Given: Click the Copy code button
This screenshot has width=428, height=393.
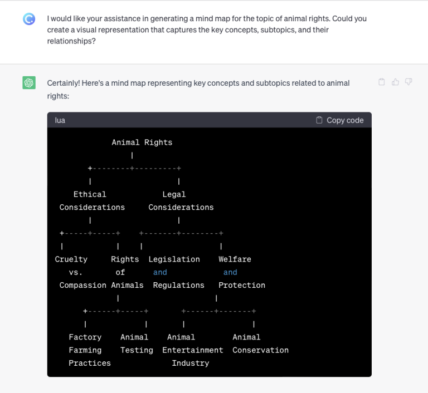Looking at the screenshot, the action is [339, 120].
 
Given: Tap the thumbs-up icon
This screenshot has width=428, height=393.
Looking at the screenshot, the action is [395, 82].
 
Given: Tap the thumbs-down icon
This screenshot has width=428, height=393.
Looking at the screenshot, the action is [408, 82].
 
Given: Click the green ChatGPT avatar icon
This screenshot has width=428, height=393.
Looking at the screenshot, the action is [29, 82].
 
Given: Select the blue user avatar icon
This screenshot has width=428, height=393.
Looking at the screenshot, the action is [29, 19].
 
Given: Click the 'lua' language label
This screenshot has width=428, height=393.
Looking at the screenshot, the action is [60, 120].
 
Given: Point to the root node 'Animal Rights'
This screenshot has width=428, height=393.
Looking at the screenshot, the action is [142, 143].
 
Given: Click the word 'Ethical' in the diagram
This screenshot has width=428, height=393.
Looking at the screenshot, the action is [90, 194].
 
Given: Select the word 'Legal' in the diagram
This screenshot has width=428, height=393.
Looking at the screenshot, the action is [174, 194].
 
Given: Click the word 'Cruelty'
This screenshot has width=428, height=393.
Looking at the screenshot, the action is [71, 259].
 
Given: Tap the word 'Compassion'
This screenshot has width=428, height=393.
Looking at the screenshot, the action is [82, 285].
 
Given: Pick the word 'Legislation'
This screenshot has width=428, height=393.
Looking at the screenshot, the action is [174, 259].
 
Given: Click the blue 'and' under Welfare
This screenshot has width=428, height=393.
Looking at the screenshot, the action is [230, 272].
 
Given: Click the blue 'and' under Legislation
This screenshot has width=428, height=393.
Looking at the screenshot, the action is [160, 272].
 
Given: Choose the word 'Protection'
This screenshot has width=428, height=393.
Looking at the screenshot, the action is [242, 285].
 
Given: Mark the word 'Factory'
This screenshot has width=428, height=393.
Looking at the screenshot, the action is [85, 337].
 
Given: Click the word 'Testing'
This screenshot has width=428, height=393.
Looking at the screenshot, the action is [137, 350].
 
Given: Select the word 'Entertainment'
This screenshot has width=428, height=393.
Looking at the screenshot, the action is [193, 350].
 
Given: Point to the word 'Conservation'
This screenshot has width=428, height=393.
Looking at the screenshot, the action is [260, 350].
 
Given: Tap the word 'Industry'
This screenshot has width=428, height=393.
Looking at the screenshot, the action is [191, 363].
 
